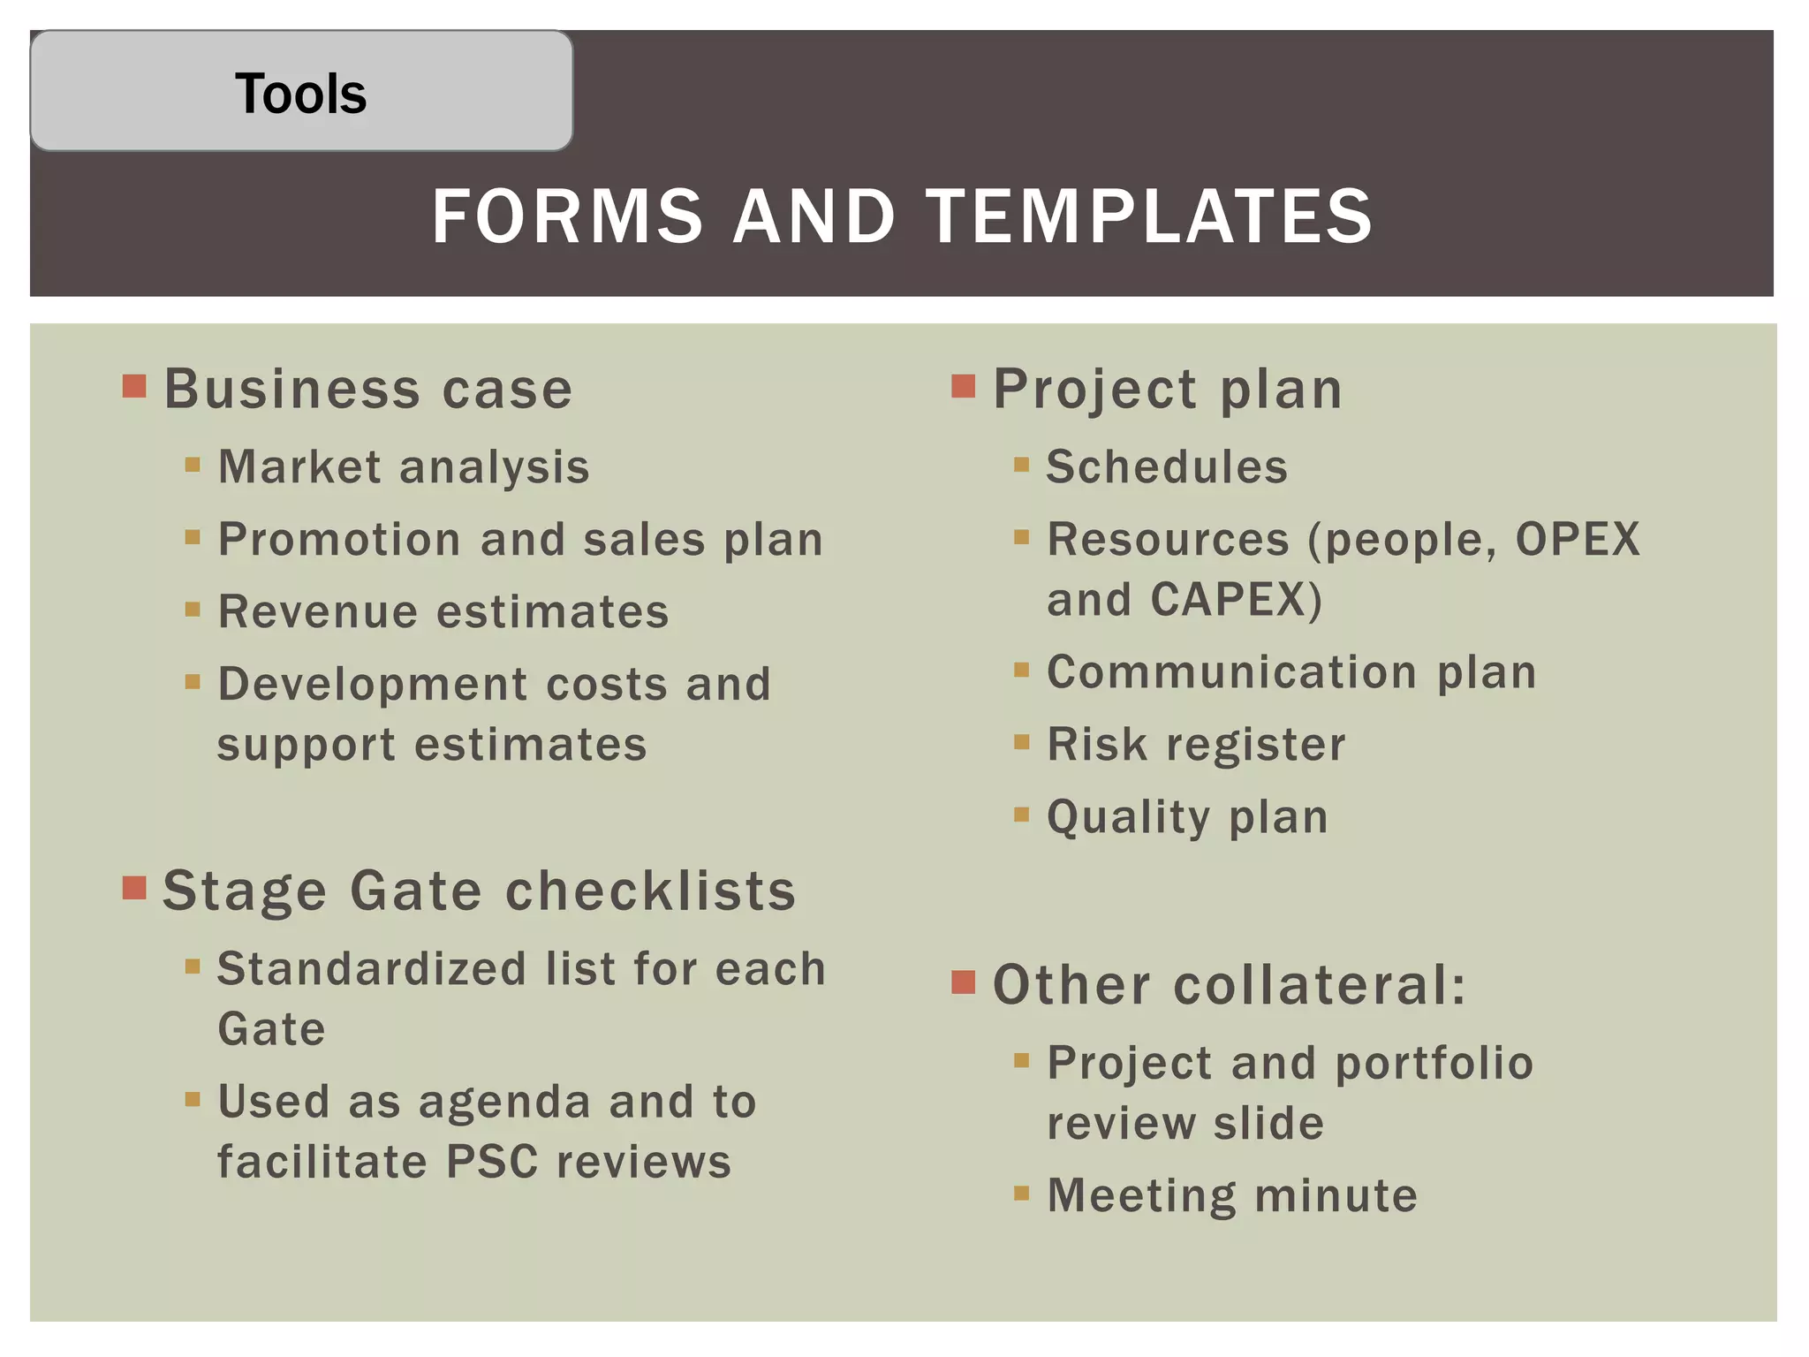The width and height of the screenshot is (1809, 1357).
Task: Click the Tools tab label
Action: pos(300,94)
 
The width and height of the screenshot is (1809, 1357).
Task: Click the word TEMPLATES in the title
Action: pos(1149,216)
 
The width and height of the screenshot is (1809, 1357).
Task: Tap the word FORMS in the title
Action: pos(567,216)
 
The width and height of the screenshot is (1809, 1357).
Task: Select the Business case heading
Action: pos(368,389)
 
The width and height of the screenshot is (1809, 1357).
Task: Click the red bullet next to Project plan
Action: pos(963,386)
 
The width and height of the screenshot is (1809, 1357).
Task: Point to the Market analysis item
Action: pos(404,466)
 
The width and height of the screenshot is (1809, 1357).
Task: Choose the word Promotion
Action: pos(339,540)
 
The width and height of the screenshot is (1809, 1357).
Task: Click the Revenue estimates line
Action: pos(443,612)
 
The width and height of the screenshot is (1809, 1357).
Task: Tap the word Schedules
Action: pos(1167,466)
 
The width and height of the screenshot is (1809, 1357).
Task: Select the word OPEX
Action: pos(1578,539)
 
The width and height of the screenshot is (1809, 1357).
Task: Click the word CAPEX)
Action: pos(1236,600)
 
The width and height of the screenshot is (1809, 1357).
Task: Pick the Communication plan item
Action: pos(1291,672)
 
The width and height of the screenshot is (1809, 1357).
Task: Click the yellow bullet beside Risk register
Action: pos(1022,742)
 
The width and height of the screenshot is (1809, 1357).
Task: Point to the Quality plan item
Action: pos(1187,817)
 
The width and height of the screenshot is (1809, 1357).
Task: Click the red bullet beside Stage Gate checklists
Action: pos(134,887)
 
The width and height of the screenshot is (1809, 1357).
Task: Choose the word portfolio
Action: pos(1434,1064)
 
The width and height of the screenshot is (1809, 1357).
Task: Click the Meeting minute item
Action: pos(1232,1196)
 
